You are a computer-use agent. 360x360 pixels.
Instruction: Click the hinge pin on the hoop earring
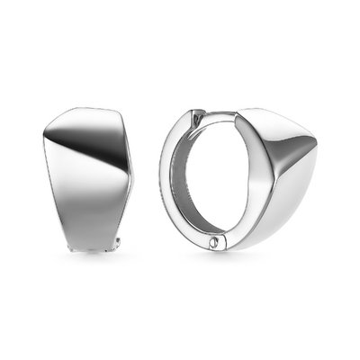pos(213,242)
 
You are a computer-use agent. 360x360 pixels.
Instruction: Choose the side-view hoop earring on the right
pos(238,180)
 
